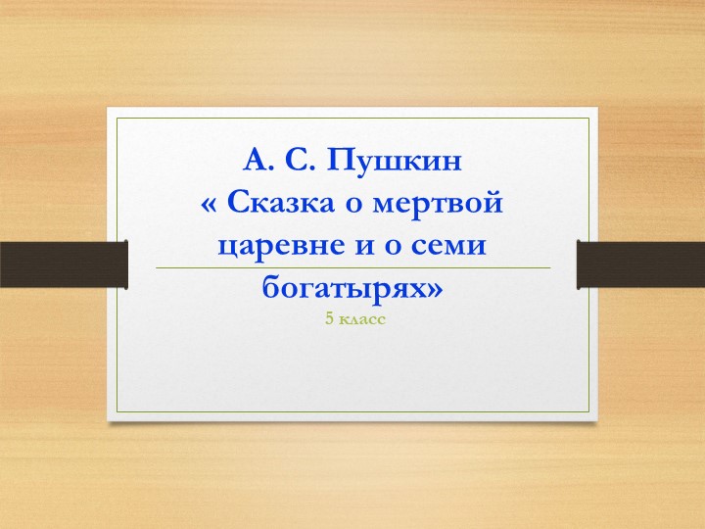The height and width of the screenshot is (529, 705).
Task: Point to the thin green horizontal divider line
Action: [352, 267]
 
